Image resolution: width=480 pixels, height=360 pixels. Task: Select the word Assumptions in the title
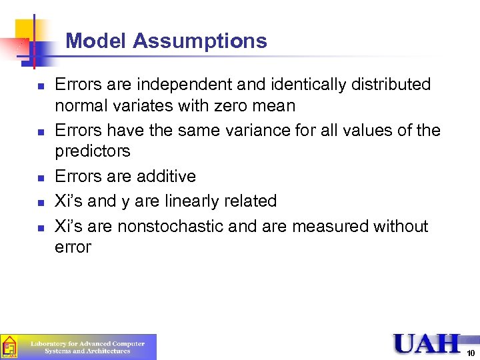pyautogui.click(x=199, y=41)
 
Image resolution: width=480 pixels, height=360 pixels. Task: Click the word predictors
pyautogui.click(x=93, y=151)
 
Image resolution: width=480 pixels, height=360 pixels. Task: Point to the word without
pyautogui.click(x=401, y=227)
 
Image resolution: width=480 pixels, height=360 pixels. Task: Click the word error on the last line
pyautogui.click(x=73, y=247)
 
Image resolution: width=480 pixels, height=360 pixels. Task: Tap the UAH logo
pyautogui.click(x=427, y=343)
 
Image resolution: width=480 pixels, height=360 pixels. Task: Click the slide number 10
pyautogui.click(x=471, y=353)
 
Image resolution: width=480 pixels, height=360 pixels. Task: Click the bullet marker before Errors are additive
pyautogui.click(x=41, y=177)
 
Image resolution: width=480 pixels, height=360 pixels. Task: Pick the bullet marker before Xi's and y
pyautogui.click(x=41, y=202)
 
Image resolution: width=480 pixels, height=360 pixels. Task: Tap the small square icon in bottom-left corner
pyautogui.click(x=9, y=347)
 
